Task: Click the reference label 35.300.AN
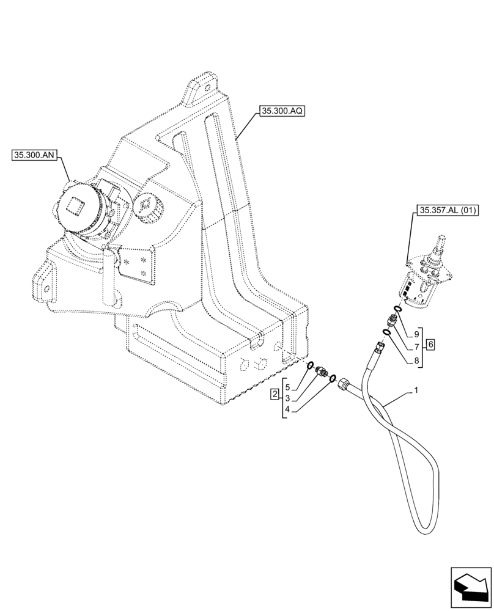(34, 156)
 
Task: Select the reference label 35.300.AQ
(282, 111)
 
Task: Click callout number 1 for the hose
(416, 389)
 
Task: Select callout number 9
(416, 334)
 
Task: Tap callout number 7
(416, 346)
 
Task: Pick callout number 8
(416, 360)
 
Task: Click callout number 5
(287, 387)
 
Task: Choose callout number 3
(287, 398)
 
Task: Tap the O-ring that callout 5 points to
(311, 367)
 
